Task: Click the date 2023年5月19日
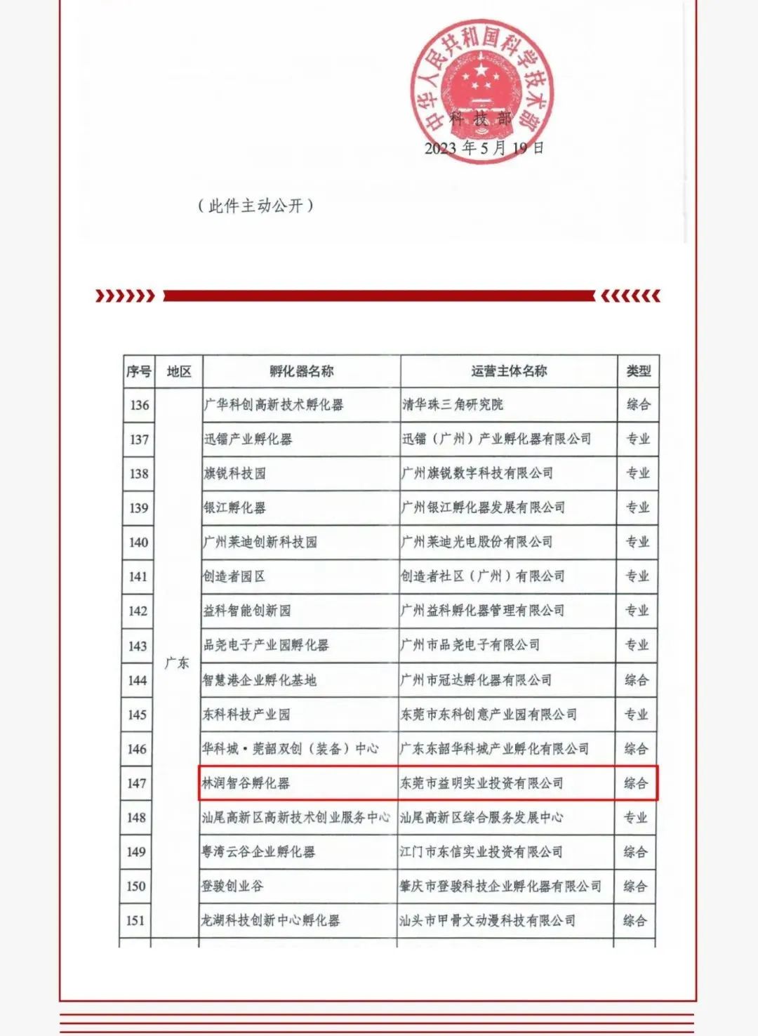click(484, 148)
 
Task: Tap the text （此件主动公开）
click(255, 206)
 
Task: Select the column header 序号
click(139, 371)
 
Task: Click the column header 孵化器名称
click(301, 371)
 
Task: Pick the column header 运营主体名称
click(509, 371)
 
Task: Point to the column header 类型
click(638, 371)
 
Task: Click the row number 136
click(139, 405)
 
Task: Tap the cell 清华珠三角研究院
click(453, 405)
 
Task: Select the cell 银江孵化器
click(234, 507)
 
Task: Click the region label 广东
click(177, 663)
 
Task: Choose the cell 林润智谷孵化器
click(246, 783)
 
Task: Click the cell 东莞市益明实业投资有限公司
click(481, 783)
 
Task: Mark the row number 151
click(136, 920)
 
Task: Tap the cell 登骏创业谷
click(232, 886)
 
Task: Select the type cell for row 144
click(637, 679)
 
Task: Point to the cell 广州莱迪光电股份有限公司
click(477, 542)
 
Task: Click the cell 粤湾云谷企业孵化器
click(258, 852)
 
